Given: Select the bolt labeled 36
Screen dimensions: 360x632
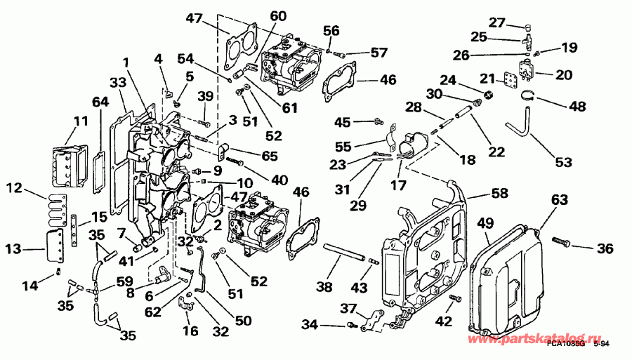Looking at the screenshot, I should [560, 242].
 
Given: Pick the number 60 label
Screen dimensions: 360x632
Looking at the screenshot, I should [278, 15].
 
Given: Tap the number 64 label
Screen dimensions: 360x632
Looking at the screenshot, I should [100, 103].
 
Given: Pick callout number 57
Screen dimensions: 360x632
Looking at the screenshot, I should [378, 53].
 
